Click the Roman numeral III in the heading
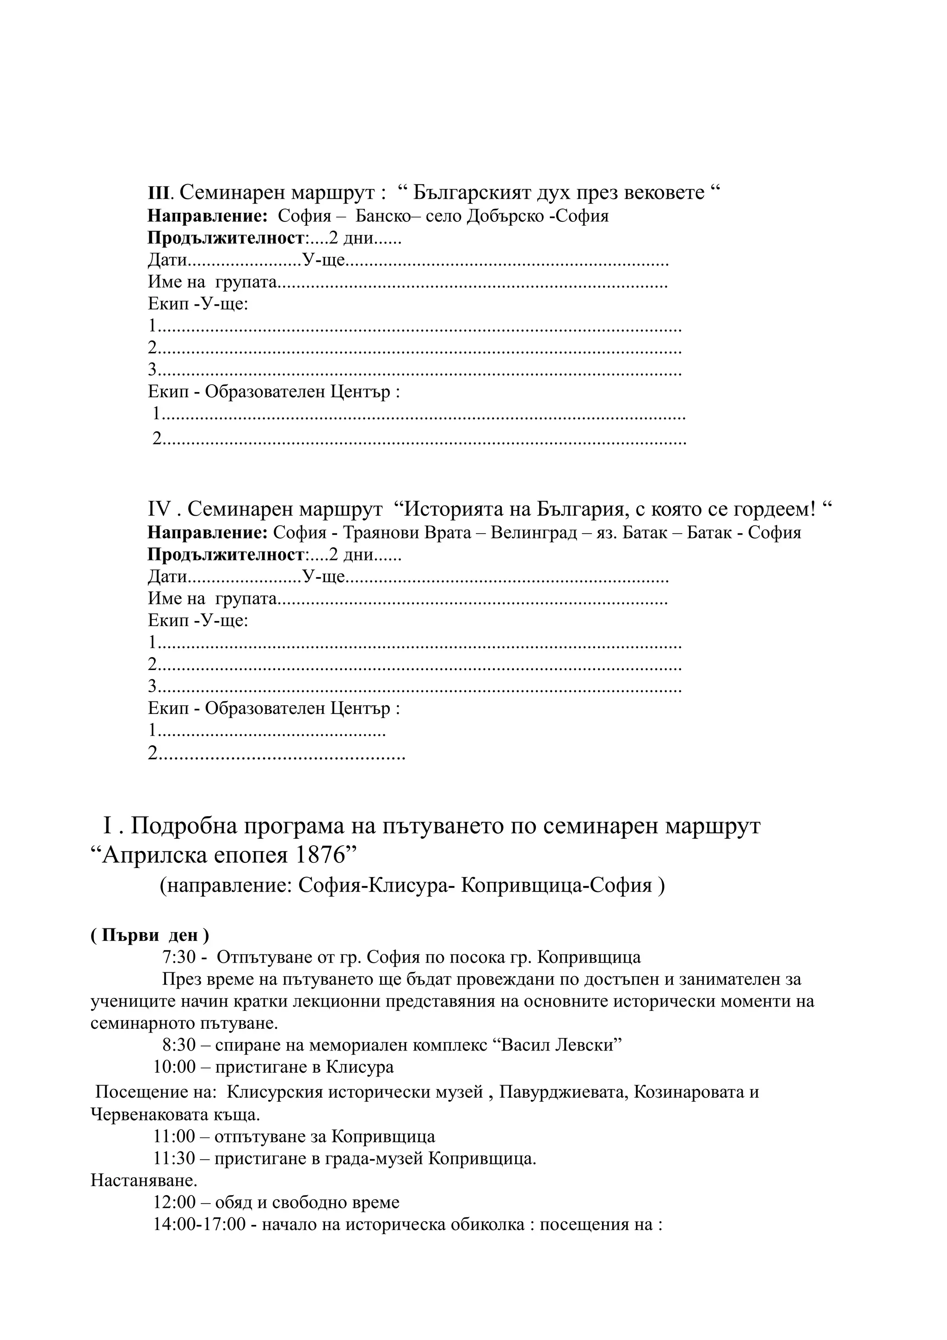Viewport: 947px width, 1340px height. click(x=158, y=193)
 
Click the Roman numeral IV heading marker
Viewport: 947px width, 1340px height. click(x=159, y=510)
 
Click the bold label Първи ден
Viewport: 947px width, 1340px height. click(x=149, y=935)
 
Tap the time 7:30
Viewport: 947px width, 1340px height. click(x=178, y=958)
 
